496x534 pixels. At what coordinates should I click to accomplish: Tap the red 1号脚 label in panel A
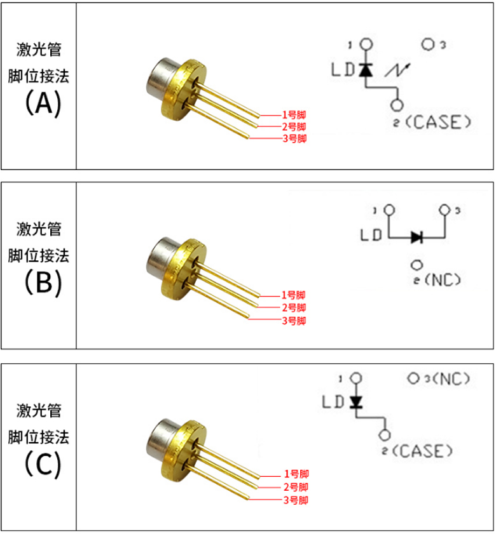point(294,115)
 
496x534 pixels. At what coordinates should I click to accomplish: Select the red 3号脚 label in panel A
point(294,138)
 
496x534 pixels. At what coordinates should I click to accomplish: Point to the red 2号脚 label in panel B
point(294,308)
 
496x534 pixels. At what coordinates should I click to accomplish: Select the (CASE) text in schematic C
point(423,451)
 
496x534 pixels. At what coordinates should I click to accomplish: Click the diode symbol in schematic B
point(417,237)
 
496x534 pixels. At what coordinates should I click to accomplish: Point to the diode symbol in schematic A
point(366,69)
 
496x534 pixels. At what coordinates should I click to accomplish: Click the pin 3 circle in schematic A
point(429,45)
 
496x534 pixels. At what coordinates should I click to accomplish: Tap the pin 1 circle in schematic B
point(389,210)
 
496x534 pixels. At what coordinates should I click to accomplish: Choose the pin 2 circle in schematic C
point(383,435)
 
